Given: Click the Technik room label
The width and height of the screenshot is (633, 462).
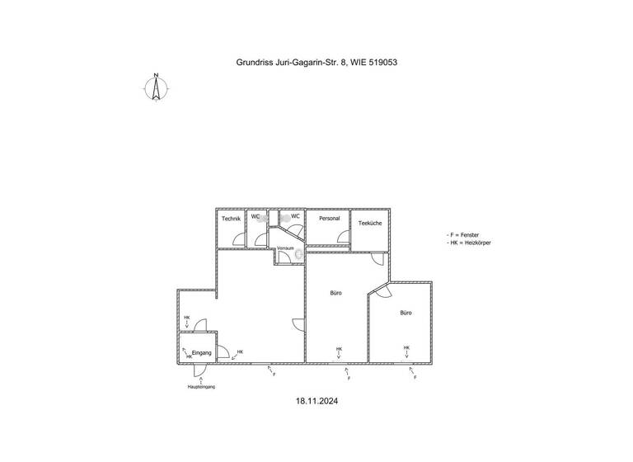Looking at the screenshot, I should pos(231,218).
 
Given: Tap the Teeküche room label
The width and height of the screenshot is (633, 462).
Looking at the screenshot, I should pos(368,223).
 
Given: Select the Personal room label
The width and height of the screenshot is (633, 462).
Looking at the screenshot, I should pos(330,218).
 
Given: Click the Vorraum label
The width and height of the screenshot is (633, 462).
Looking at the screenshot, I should pos(286,247).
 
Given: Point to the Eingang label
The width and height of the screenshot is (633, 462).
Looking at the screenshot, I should pos(202,353).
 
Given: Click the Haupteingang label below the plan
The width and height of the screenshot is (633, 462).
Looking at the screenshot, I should pos(201,386).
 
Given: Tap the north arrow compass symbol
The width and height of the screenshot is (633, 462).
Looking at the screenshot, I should pos(156,87).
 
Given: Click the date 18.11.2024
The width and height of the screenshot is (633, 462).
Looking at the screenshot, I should pos(317,403).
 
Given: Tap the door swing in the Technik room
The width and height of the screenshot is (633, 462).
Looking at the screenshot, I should pos(238,240).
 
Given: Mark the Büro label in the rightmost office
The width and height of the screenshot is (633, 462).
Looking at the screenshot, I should pos(406,313).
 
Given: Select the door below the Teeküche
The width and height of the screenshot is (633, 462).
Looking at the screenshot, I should pos(377,257).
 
